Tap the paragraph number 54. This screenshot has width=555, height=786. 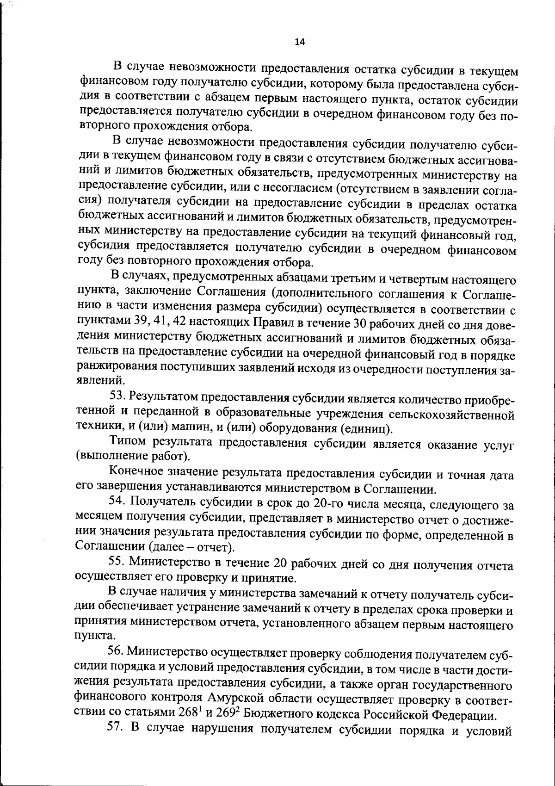pyautogui.click(x=117, y=501)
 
